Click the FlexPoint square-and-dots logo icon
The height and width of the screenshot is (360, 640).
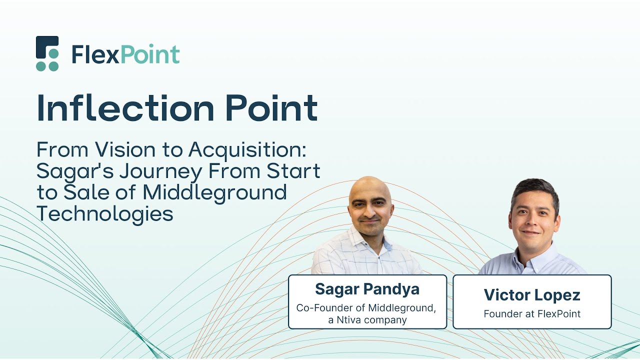pyautogui.click(x=47, y=53)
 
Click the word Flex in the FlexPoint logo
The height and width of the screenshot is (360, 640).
pyautogui.click(x=95, y=54)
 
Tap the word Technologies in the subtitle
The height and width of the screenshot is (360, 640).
pyautogui.click(x=105, y=214)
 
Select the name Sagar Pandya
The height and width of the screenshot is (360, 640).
pyautogui.click(x=367, y=289)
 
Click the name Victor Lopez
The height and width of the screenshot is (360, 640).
pyautogui.click(x=532, y=295)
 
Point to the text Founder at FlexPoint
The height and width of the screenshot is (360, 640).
pyautogui.click(x=532, y=314)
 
